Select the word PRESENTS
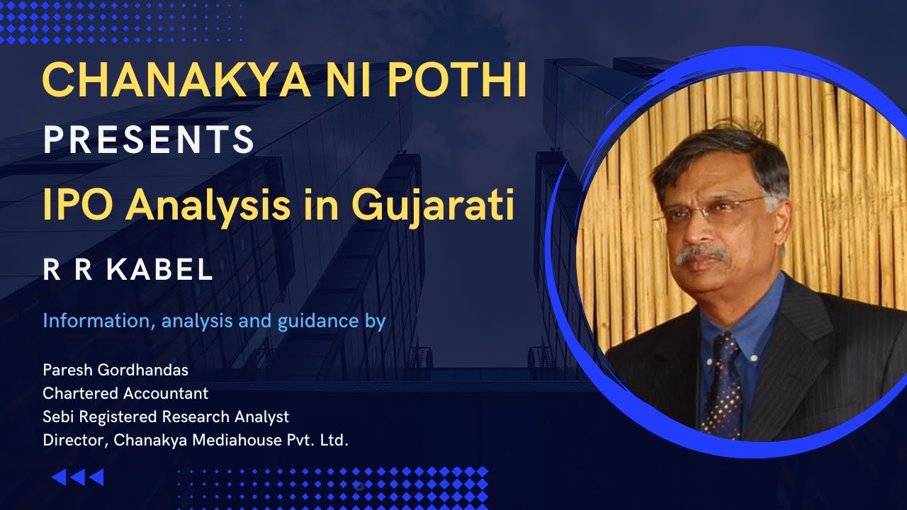pos(149,140)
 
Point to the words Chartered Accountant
pos(125,393)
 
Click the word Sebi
pos(57,416)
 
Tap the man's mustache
pos(702,253)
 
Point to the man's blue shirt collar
pos(744,319)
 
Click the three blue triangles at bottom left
pos(78,477)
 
